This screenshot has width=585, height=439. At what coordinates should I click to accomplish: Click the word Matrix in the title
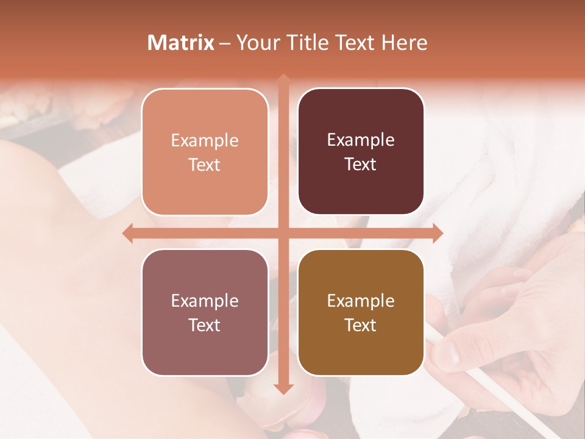[181, 43]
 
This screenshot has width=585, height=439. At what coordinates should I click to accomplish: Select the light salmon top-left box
[205, 152]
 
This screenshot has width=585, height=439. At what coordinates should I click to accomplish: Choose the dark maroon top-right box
[361, 152]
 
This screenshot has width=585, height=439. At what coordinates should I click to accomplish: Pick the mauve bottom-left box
[205, 312]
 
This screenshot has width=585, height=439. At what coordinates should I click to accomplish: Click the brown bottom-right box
[361, 312]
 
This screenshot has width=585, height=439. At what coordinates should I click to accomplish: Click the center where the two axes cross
[283, 234]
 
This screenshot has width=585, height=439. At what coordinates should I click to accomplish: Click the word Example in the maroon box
[361, 140]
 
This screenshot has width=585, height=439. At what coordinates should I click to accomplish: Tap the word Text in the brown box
[361, 325]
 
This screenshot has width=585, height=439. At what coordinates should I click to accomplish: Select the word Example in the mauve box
[205, 301]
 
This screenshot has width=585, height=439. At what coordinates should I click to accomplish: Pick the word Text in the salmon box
[205, 165]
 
